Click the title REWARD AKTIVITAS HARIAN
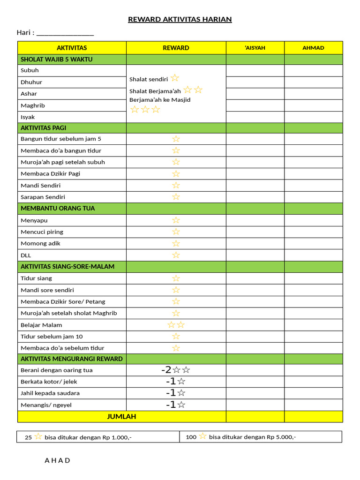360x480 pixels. [x=180, y=19]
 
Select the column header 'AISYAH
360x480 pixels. [x=255, y=48]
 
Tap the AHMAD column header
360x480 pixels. [x=313, y=48]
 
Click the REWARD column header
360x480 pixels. [x=176, y=48]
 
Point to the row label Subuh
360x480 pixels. [x=30, y=70]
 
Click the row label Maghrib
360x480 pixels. [x=32, y=105]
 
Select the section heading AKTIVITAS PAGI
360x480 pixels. [x=43, y=127]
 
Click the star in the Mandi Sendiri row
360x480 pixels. [x=176, y=185]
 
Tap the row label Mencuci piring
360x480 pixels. [x=42, y=232]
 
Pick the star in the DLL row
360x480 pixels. [x=176, y=255]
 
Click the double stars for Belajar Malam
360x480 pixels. [x=176, y=325]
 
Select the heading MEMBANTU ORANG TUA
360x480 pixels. [x=58, y=208]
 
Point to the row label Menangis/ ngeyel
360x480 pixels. [x=46, y=405]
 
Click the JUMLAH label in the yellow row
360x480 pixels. [x=121, y=416]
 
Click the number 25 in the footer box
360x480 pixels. [x=28, y=437]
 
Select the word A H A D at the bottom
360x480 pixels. [x=57, y=460]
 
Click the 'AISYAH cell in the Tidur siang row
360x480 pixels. [x=255, y=278]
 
